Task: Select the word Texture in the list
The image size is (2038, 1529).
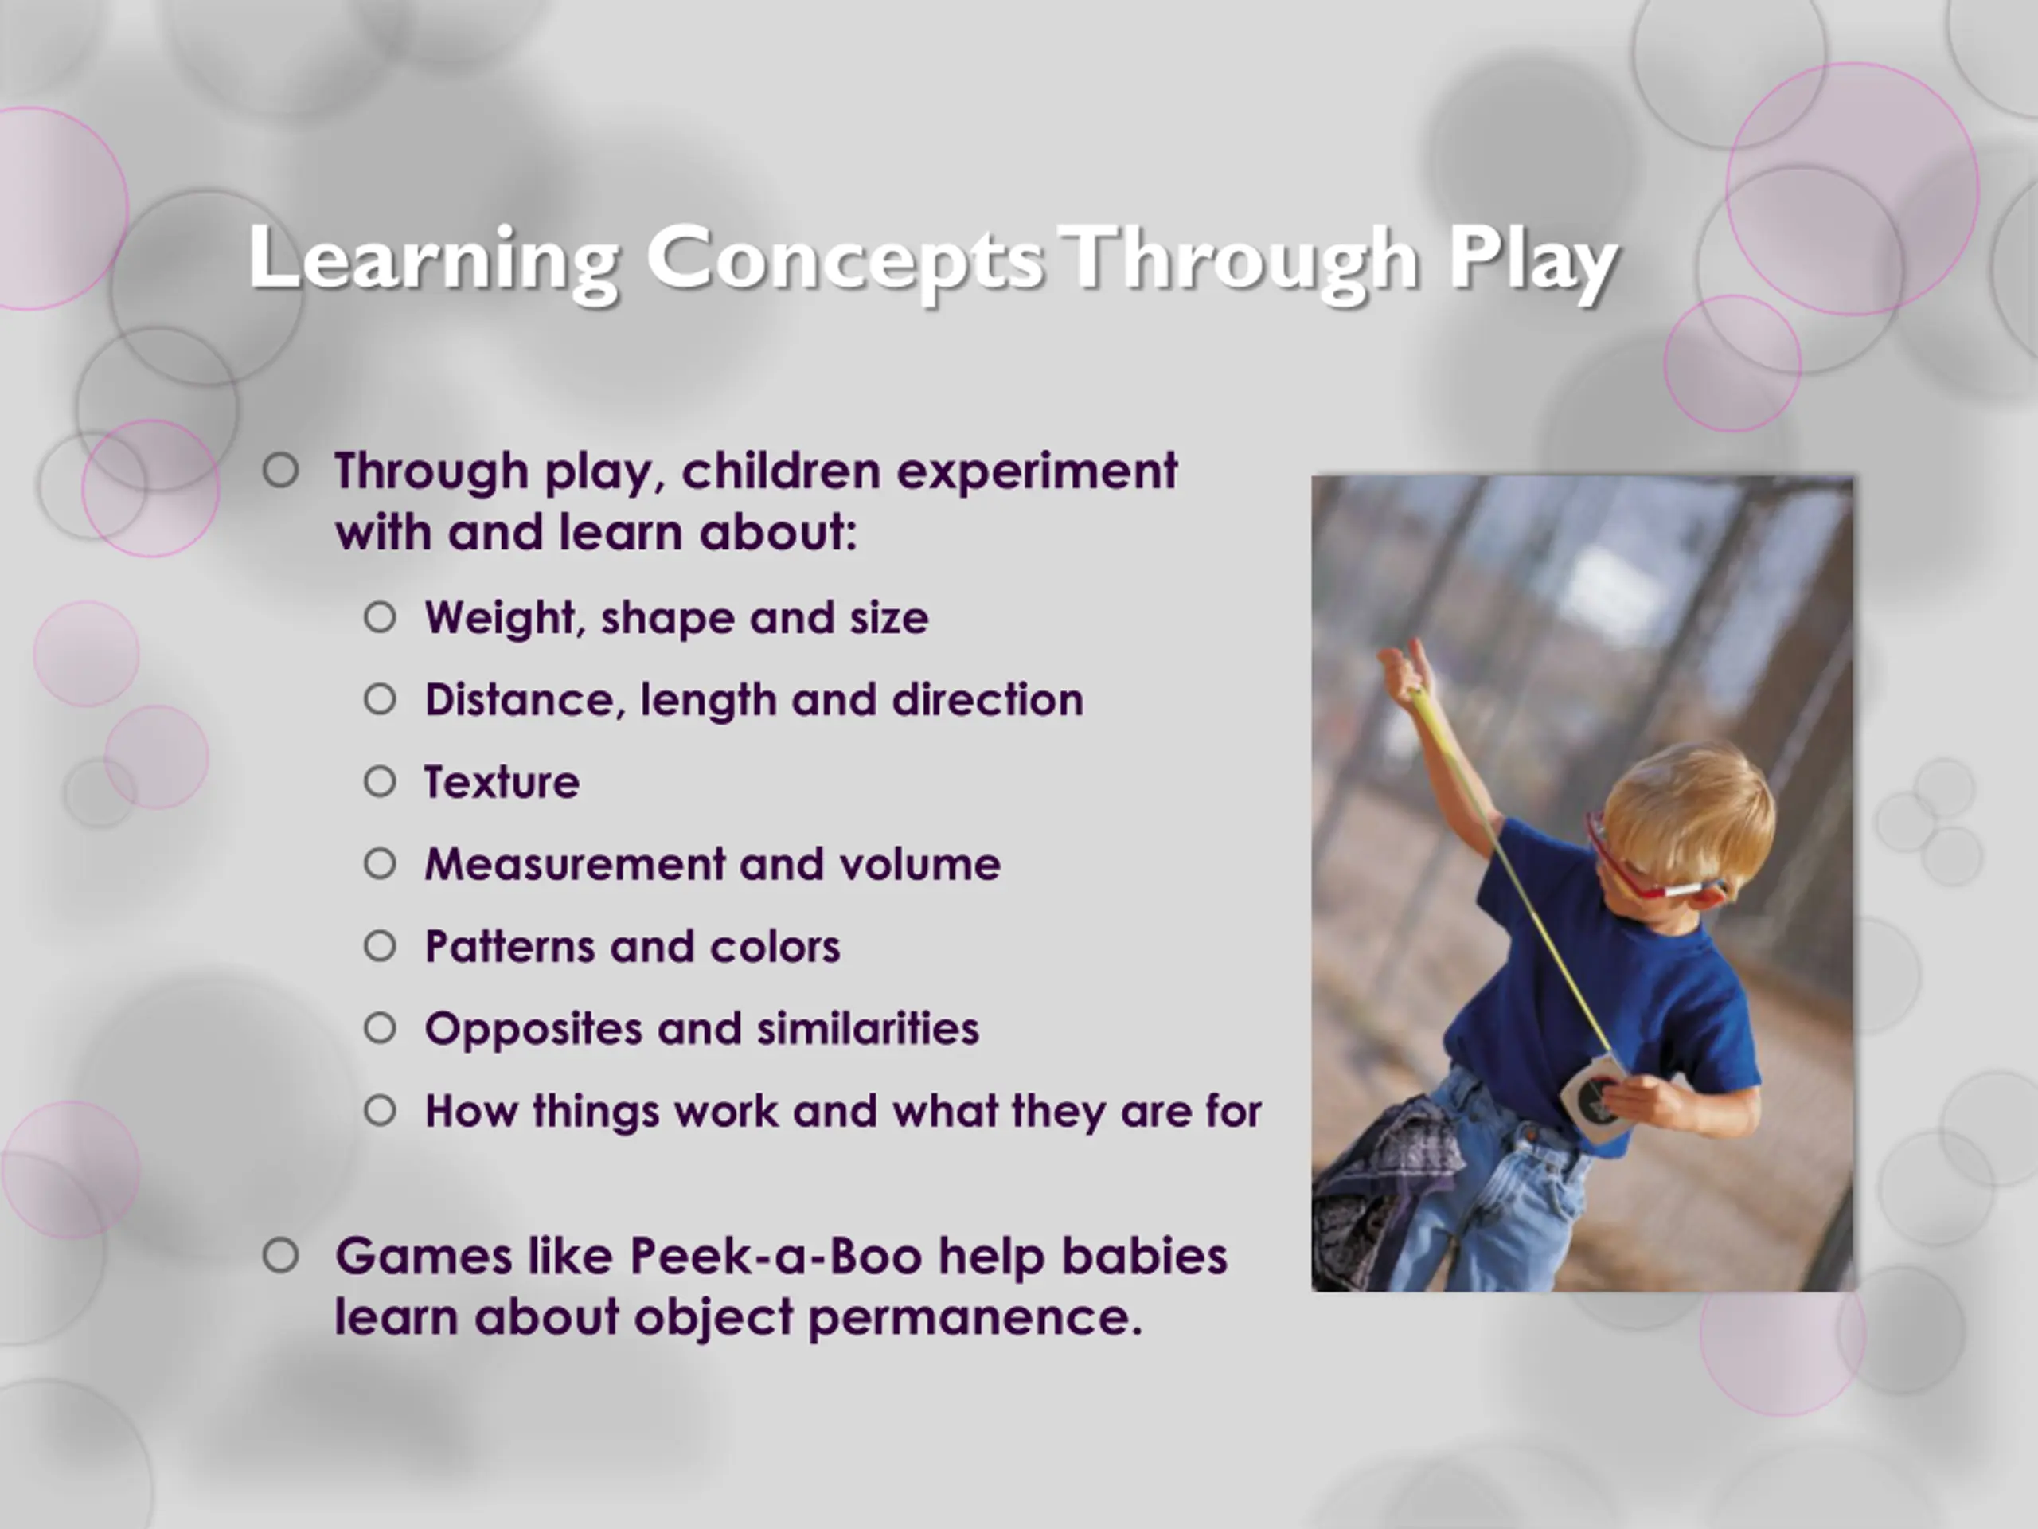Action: coord(502,783)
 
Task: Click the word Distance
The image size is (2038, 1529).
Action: coord(526,701)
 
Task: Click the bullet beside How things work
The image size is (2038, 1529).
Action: coord(380,1111)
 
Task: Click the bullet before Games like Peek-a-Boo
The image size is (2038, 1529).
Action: coord(280,1255)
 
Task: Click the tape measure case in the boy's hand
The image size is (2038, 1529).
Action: coord(1589,1096)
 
